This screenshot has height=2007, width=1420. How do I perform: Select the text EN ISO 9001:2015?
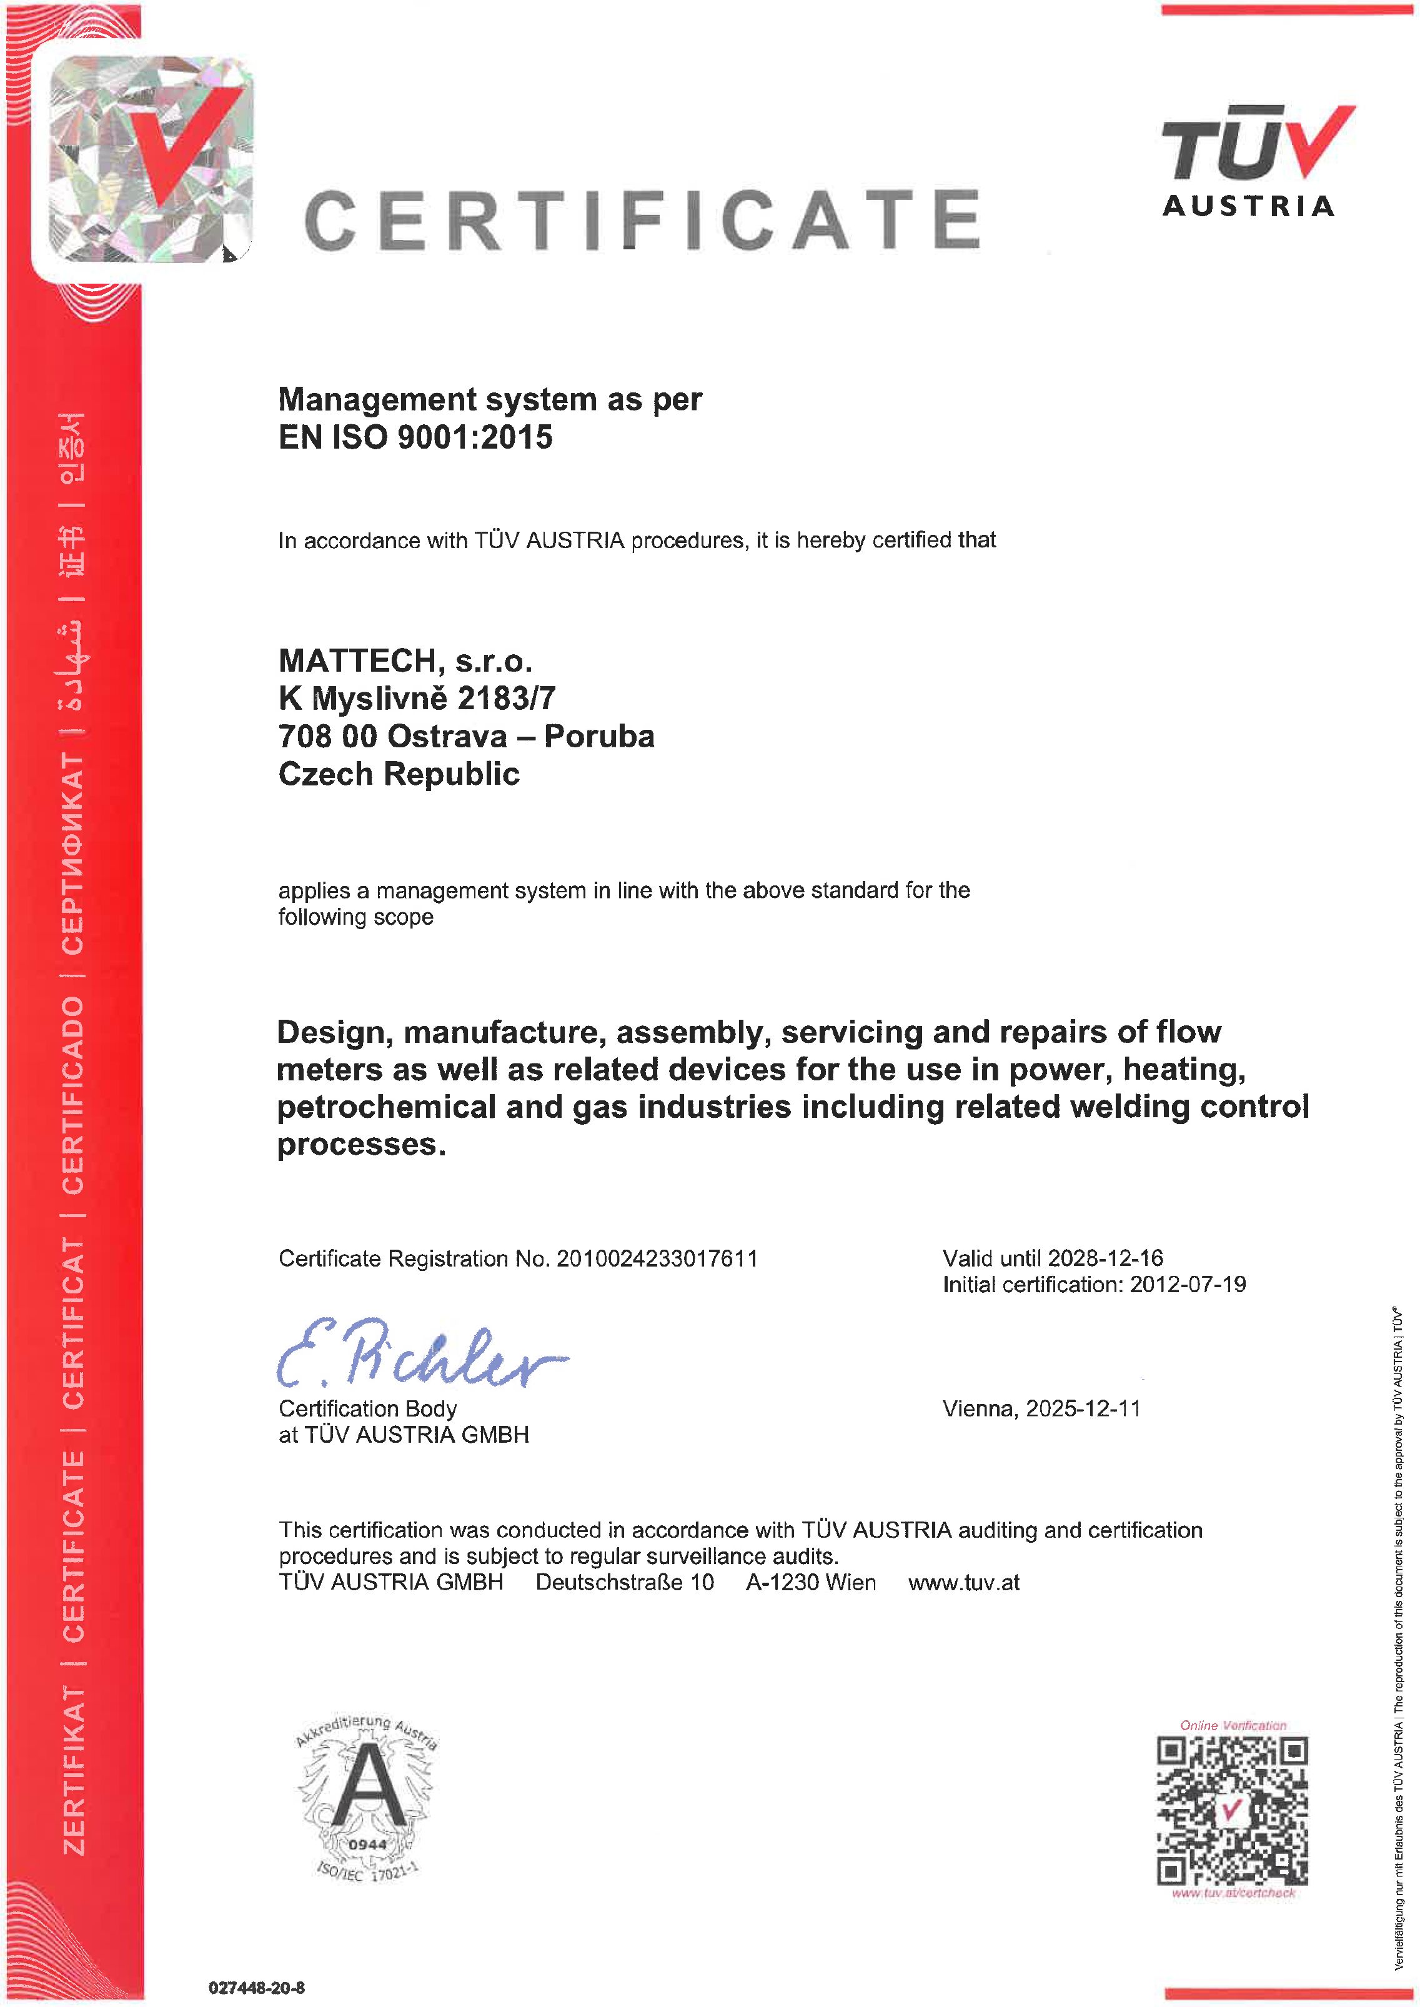click(x=415, y=437)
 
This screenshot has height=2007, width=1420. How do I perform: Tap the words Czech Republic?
click(x=399, y=774)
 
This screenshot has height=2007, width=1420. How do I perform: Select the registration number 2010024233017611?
click(x=657, y=1258)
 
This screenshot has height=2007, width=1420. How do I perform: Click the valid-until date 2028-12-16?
click(x=1105, y=1258)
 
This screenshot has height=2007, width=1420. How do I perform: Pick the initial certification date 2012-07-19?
click(x=1188, y=1284)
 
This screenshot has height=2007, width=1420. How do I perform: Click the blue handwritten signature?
click(x=420, y=1354)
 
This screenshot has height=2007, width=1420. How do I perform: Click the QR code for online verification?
click(x=1233, y=1810)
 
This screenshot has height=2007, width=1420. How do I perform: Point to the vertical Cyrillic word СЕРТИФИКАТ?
click(x=74, y=853)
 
